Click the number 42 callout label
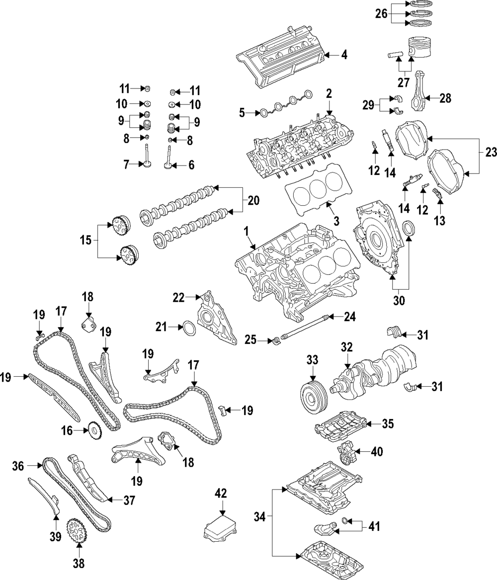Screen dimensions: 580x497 tap(221, 493)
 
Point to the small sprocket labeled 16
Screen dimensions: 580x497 tap(94, 430)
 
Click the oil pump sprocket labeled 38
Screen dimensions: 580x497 tap(79, 531)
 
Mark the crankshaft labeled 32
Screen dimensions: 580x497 tap(378, 367)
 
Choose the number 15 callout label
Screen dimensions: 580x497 tap(85, 241)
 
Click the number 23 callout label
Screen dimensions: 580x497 tap(491, 154)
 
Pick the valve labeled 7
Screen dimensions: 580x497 tap(149, 158)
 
